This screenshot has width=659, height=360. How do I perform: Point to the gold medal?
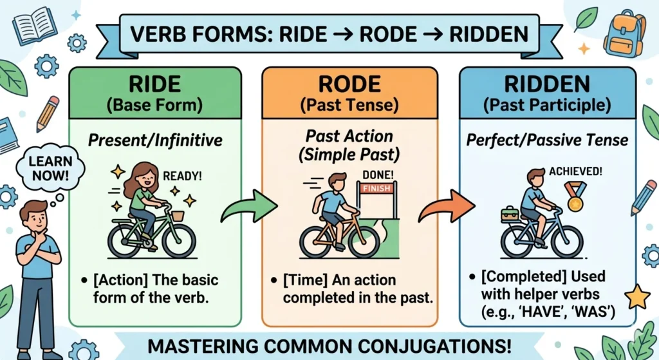[x=575, y=202]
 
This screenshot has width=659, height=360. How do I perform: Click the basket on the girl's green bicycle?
[x=176, y=216]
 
